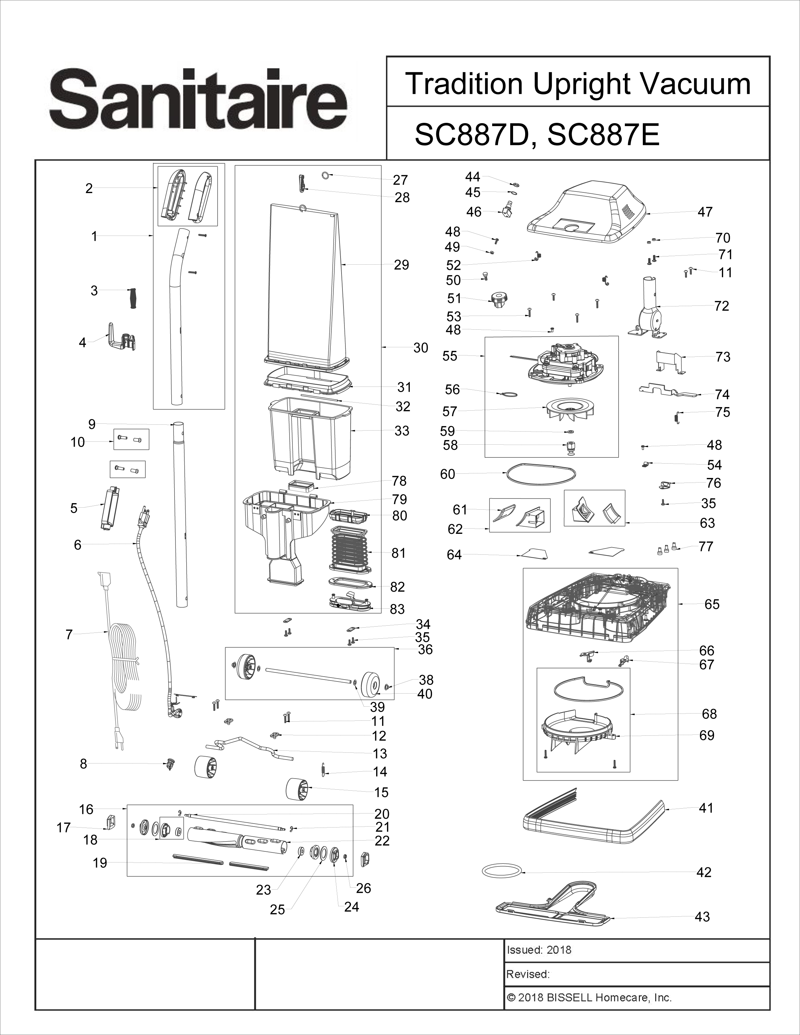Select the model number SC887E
tap(603, 135)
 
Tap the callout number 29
tap(401, 265)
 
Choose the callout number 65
tap(712, 604)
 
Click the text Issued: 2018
tap(539, 950)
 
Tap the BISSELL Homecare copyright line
tap(589, 997)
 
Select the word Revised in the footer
tap(527, 974)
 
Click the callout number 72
tap(721, 306)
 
